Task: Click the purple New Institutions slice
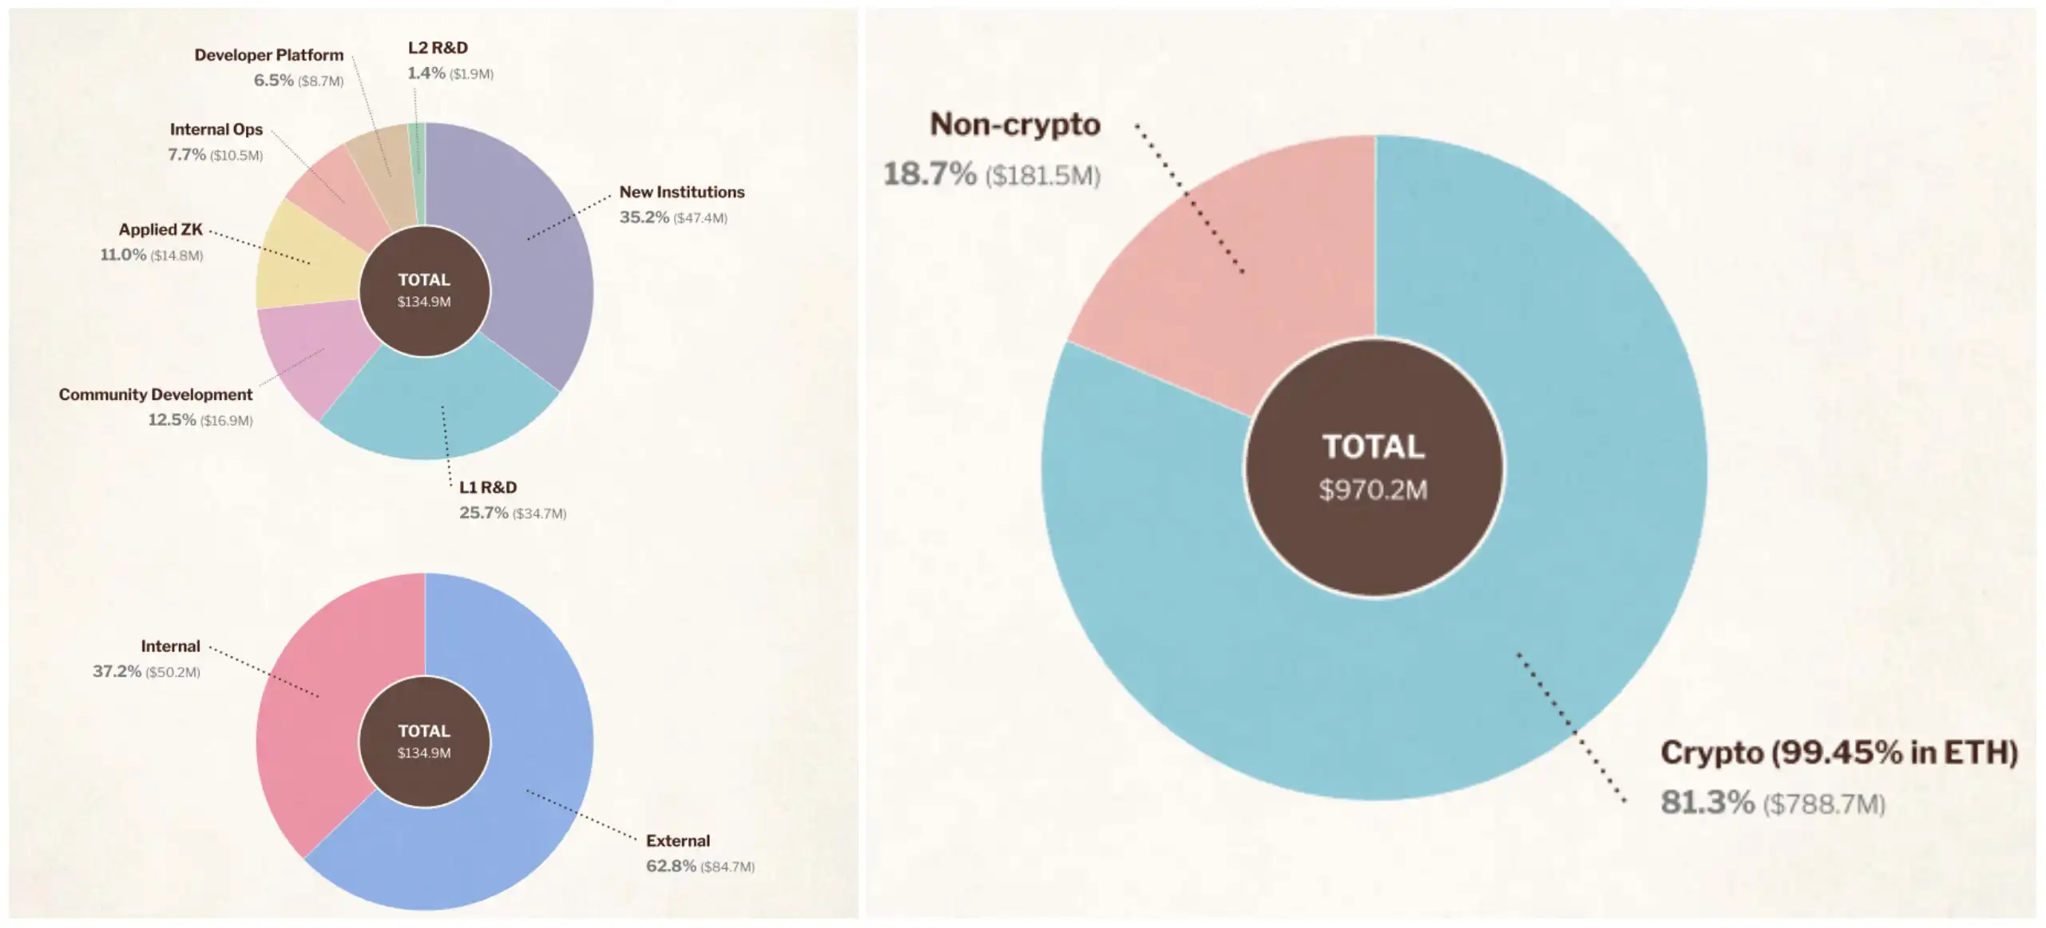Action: pyautogui.click(x=527, y=240)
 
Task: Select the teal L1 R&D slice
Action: pyautogui.click(x=439, y=407)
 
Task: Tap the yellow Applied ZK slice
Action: pyautogui.click(x=307, y=260)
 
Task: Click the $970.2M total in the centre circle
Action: pyautogui.click(x=1373, y=490)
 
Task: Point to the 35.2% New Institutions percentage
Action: pyautogui.click(x=644, y=217)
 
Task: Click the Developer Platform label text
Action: pyautogui.click(x=269, y=55)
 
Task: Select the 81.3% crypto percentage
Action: pyautogui.click(x=1707, y=803)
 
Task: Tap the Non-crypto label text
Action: pyautogui.click(x=1015, y=125)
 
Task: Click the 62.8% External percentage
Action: pyautogui.click(x=671, y=866)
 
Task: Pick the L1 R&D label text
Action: pyautogui.click(x=488, y=487)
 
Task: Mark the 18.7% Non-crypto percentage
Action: pyautogui.click(x=930, y=174)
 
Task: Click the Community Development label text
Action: pyautogui.click(x=156, y=395)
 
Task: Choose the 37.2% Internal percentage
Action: pyautogui.click(x=117, y=671)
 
